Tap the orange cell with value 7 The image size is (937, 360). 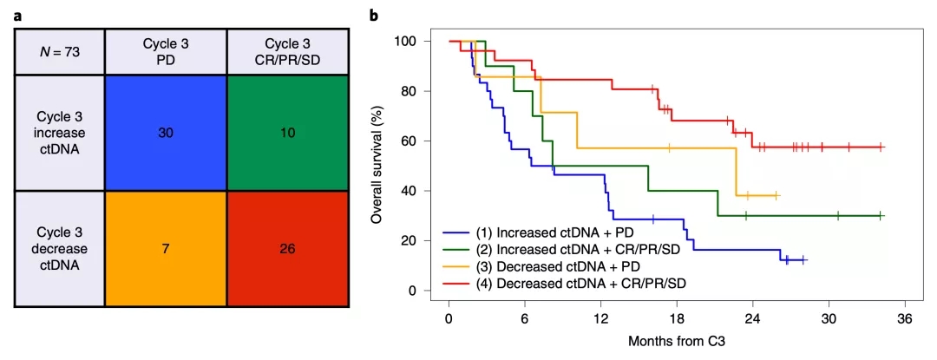[165, 249]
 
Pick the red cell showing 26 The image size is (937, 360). [287, 249]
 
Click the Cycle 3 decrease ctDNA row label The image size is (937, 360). [59, 249]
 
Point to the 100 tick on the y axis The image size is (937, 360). [405, 42]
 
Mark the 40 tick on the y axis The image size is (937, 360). [409, 191]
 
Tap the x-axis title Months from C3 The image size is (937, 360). [677, 341]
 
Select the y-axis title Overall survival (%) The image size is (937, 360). [377, 166]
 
